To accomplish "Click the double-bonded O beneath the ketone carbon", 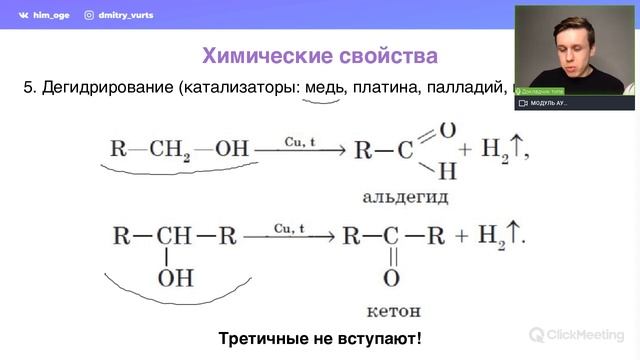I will (391, 277).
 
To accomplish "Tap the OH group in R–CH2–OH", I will (231, 151).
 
